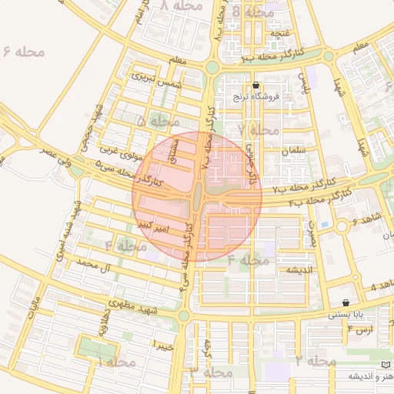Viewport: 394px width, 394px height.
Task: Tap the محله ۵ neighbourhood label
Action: click(158, 122)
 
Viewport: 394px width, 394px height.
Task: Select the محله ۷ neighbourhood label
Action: click(259, 130)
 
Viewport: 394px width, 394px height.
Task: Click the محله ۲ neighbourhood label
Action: click(316, 360)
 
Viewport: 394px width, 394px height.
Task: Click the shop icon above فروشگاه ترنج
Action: click(256, 85)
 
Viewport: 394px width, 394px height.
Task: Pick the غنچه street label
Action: click(279, 32)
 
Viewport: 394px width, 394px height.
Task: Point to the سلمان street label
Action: click(295, 151)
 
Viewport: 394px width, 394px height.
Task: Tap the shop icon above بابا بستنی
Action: click(346, 302)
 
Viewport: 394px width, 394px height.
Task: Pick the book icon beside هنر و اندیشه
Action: click(385, 364)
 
